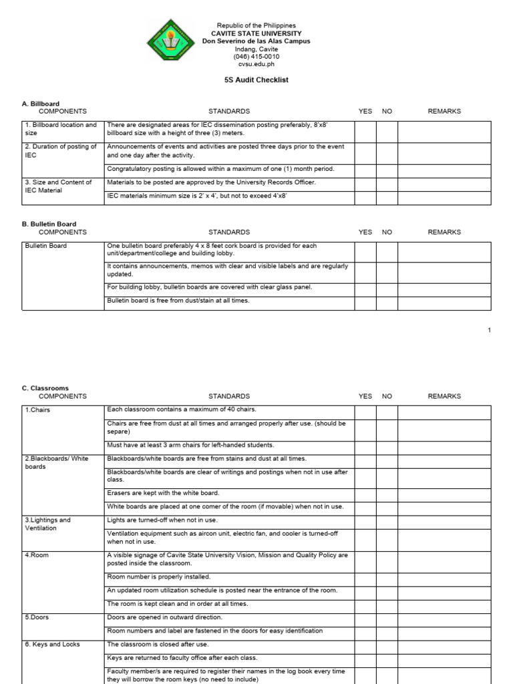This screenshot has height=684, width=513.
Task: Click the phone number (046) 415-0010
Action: (x=256, y=57)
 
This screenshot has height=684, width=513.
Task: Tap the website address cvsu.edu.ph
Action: (x=256, y=65)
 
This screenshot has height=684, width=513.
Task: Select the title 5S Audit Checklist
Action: (x=256, y=79)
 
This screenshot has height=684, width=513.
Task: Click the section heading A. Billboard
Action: (x=41, y=104)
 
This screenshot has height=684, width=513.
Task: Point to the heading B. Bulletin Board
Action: (x=49, y=224)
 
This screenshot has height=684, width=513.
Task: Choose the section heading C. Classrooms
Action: (x=45, y=388)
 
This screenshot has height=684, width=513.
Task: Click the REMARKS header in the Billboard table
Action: (x=444, y=111)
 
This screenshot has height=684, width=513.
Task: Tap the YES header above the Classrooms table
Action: (x=365, y=396)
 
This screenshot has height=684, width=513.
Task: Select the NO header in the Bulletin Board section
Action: (x=387, y=232)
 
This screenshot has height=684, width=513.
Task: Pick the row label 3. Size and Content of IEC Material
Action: (x=59, y=186)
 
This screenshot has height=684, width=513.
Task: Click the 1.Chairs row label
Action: (x=38, y=409)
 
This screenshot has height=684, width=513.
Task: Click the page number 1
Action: (x=490, y=330)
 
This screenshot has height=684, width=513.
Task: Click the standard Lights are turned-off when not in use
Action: (x=162, y=520)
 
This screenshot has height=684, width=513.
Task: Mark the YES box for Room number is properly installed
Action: (x=365, y=576)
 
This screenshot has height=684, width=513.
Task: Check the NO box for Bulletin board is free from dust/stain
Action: (x=387, y=303)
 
